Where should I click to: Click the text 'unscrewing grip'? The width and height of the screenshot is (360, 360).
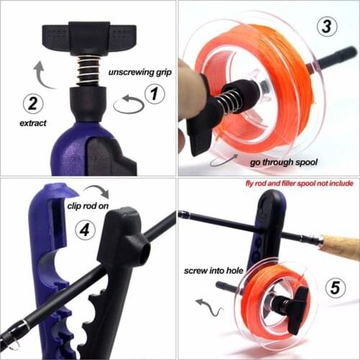coord(140,73)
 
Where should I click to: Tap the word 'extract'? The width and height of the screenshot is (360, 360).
coord(33,123)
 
